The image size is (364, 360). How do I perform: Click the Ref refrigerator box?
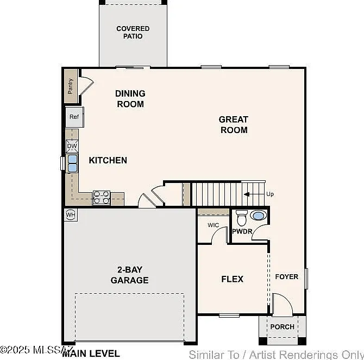click(74, 117)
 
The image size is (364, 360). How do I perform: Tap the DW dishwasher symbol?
click(72, 146)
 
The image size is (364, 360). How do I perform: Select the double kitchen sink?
click(72, 163)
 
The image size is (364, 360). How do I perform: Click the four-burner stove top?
click(102, 198)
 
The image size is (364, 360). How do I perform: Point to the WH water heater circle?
click(71, 214)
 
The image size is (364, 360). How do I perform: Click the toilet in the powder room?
click(242, 218)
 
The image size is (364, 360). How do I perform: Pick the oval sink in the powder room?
click(259, 216)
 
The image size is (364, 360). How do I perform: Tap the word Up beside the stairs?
click(270, 194)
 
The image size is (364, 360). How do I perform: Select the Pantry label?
click(70, 86)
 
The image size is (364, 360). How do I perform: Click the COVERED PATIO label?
click(133, 32)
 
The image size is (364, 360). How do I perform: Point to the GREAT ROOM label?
click(234, 124)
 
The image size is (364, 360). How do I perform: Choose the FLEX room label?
click(232, 279)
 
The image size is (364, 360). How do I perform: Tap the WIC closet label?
click(213, 225)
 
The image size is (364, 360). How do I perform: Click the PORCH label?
click(283, 327)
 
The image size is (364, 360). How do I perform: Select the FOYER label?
click(287, 276)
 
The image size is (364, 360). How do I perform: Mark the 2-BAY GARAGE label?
click(129, 275)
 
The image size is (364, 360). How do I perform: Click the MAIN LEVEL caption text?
click(91, 353)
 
